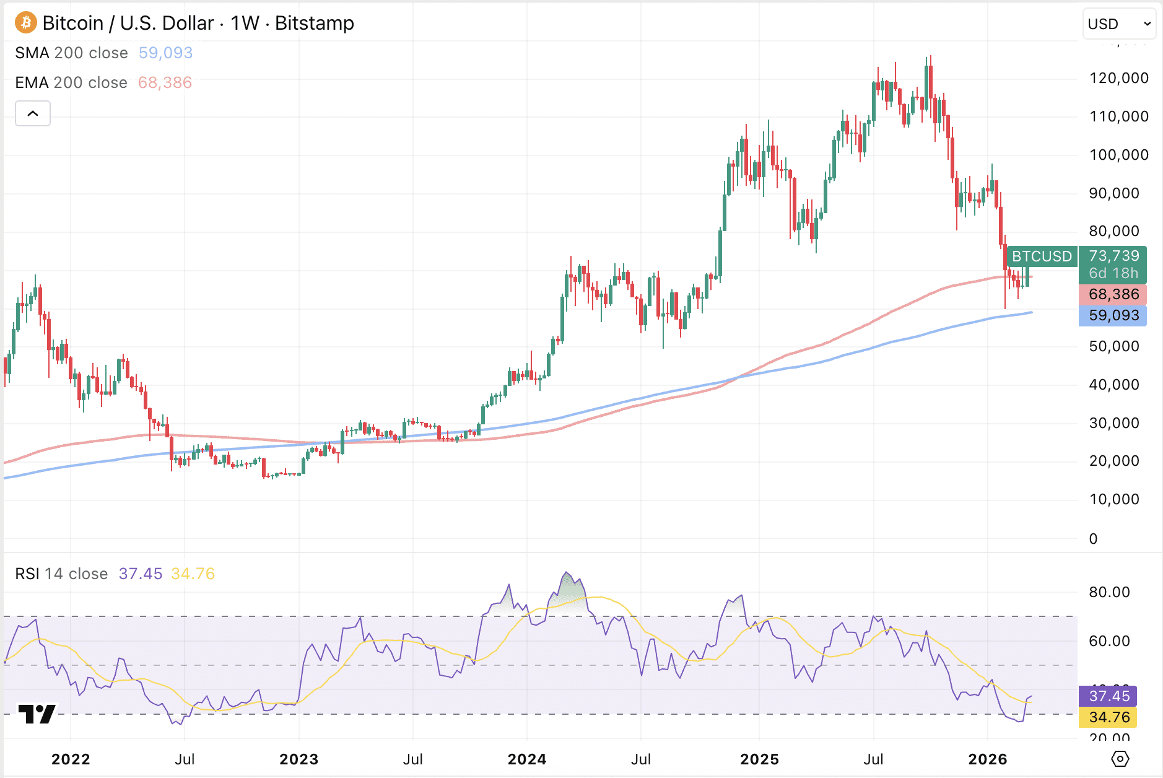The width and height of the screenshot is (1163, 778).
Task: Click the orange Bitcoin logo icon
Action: pyautogui.click(x=25, y=23)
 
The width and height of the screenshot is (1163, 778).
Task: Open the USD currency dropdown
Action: pyautogui.click(x=1118, y=24)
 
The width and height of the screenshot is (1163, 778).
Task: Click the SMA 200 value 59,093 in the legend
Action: pyautogui.click(x=165, y=53)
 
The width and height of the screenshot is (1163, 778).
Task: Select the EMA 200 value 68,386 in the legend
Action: pyautogui.click(x=165, y=82)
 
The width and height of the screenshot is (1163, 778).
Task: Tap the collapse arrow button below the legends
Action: pyautogui.click(x=33, y=113)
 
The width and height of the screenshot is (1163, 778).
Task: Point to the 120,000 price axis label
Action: pyautogui.click(x=1118, y=78)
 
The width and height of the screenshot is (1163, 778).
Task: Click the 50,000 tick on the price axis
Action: pyautogui.click(x=1113, y=346)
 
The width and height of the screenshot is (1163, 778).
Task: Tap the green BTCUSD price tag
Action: pyautogui.click(x=1042, y=256)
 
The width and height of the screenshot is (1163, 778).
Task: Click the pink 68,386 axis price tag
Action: pyautogui.click(x=1113, y=294)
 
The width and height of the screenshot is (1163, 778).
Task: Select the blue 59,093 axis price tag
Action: pyautogui.click(x=1113, y=315)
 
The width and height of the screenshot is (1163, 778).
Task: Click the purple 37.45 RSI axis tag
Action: pyautogui.click(x=1109, y=696)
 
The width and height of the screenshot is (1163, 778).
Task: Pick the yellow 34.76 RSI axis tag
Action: pyautogui.click(x=1109, y=717)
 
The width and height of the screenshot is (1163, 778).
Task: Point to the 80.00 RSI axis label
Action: pyautogui.click(x=1109, y=592)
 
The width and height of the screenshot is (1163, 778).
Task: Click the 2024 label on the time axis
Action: pyautogui.click(x=527, y=759)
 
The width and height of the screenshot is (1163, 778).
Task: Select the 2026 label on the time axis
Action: pyautogui.click(x=988, y=759)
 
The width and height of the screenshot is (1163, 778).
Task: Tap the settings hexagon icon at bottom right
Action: pyautogui.click(x=1120, y=759)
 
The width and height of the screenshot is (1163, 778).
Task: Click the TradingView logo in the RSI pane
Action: pyautogui.click(x=37, y=714)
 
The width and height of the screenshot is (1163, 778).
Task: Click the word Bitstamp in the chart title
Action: pyautogui.click(x=315, y=23)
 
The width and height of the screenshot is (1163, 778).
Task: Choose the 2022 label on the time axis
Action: pyautogui.click(x=71, y=759)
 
